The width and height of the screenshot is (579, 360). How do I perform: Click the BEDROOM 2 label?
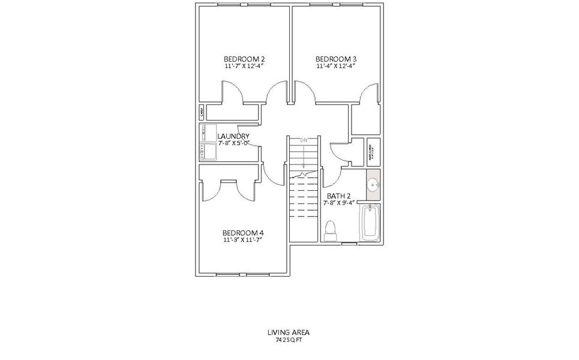pyautogui.click(x=244, y=59)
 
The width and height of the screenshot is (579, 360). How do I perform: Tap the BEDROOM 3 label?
pyautogui.click(x=336, y=59)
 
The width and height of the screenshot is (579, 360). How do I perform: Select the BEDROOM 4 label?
pyautogui.click(x=243, y=233)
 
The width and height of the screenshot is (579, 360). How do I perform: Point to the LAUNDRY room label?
pyautogui.click(x=233, y=136)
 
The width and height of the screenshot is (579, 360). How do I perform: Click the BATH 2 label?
pyautogui.click(x=338, y=196)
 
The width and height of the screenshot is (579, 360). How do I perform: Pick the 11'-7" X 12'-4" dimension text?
pyautogui.click(x=244, y=66)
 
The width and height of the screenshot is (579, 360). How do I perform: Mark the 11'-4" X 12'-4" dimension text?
pyautogui.click(x=336, y=66)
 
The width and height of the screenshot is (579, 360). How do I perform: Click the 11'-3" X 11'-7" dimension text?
pyautogui.click(x=243, y=240)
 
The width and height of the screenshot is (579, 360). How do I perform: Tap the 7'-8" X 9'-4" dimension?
pyautogui.click(x=338, y=203)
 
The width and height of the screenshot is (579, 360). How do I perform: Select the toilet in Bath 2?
pyautogui.click(x=329, y=230)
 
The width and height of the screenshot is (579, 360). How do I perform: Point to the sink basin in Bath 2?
pyautogui.click(x=373, y=184)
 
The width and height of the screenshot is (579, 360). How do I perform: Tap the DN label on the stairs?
pyautogui.click(x=304, y=140)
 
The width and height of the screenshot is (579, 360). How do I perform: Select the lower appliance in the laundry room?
pyautogui.click(x=208, y=151)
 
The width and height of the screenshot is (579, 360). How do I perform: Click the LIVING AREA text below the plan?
pyautogui.click(x=289, y=332)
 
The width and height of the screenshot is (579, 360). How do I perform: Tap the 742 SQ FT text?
pyautogui.click(x=289, y=339)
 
